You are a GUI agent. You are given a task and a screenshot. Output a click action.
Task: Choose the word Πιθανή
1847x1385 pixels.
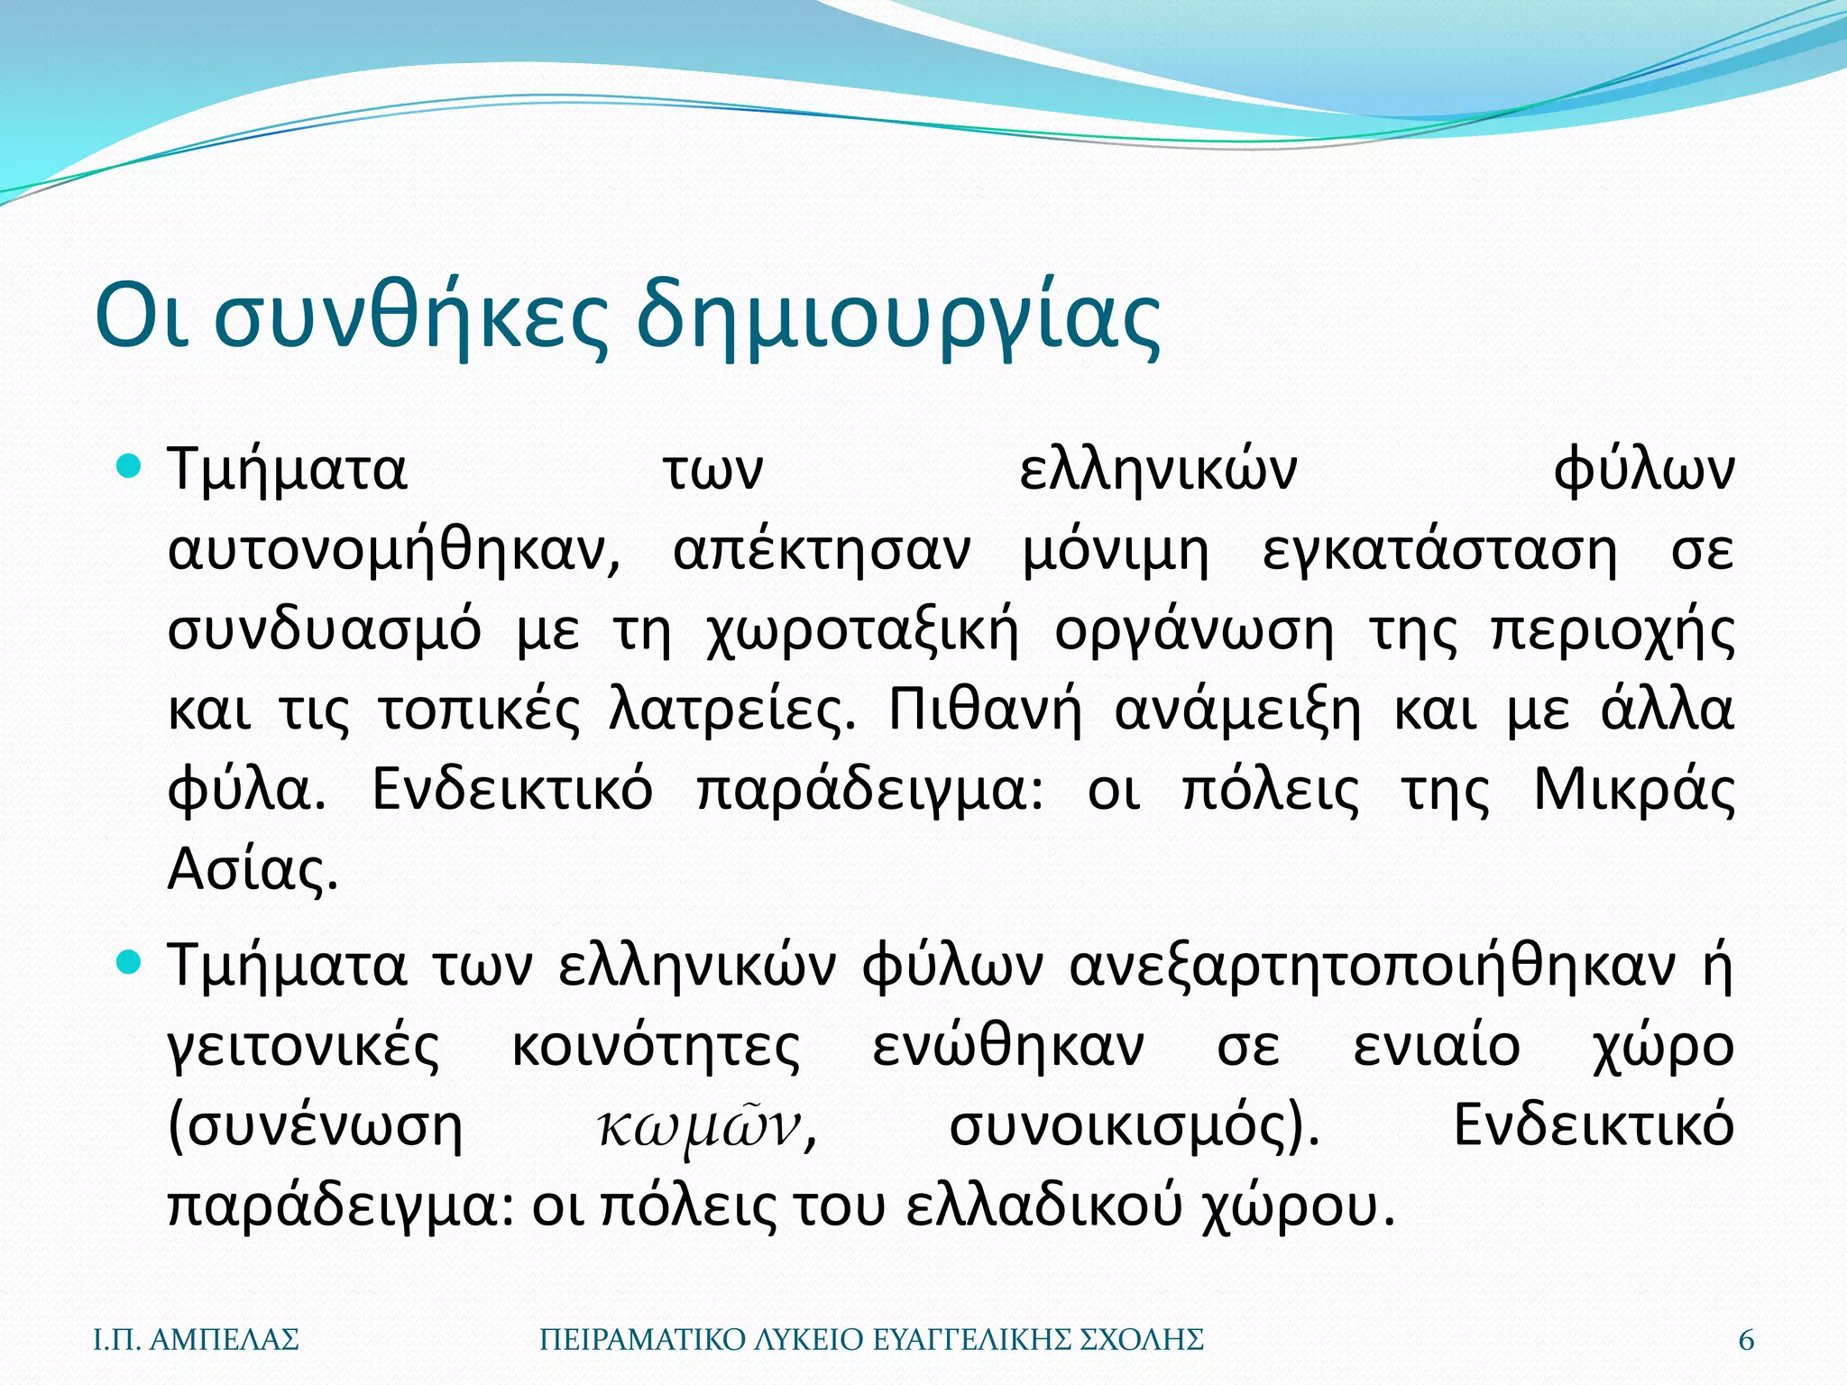pos(985,710)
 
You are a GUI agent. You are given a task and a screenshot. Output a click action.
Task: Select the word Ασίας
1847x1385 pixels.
pos(253,870)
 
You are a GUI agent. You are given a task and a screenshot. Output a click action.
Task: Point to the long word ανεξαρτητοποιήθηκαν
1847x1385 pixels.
pos(1373,966)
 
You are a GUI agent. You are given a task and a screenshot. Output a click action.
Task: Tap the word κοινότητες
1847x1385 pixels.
pos(656,1046)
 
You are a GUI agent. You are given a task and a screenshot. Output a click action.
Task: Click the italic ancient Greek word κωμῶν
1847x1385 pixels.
pos(700,1126)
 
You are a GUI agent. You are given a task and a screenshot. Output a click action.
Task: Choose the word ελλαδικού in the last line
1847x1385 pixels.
pos(1043,1206)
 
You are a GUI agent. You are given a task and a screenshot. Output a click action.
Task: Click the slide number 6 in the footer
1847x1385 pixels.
pos(1746,1340)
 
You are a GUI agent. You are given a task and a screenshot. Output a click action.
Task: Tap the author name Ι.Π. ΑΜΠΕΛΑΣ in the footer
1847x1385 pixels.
pos(197,1340)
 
